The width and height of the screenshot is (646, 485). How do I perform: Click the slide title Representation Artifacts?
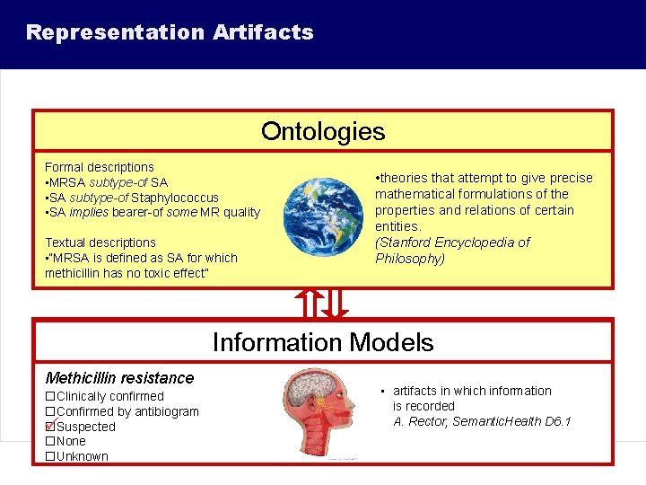170,33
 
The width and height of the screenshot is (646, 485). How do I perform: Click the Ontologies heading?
323,132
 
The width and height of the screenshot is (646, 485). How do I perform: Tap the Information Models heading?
323,342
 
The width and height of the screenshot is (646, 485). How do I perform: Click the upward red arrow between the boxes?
310,304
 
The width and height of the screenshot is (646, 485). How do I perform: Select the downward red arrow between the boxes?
335,304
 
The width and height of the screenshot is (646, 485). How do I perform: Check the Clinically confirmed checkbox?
50,396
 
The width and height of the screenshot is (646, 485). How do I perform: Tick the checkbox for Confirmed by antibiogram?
50,411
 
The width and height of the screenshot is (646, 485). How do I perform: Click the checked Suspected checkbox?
50,427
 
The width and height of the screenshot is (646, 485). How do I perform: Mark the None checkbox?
50,441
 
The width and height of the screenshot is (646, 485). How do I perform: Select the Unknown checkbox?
50,456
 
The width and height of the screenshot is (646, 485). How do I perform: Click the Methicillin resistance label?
119,378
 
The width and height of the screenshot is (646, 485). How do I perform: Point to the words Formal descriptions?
100,167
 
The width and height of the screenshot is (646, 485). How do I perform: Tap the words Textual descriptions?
100,242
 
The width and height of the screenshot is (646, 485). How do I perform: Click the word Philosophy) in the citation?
410,259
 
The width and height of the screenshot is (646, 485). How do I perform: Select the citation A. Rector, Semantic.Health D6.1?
482,421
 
